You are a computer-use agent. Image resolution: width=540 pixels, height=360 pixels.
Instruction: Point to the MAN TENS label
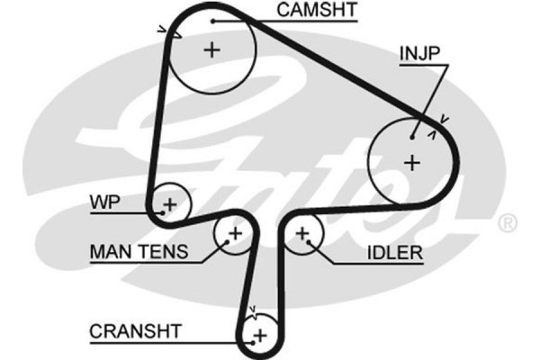(139, 252)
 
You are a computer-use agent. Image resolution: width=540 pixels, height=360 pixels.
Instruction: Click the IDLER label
(393, 253)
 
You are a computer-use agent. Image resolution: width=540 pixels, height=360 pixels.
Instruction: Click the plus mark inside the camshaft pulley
(211, 49)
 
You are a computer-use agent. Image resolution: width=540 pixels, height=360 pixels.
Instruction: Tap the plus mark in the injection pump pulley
(411, 163)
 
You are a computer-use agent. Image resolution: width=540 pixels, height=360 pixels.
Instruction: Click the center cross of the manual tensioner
(235, 235)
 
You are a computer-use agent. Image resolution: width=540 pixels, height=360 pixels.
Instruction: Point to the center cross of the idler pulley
(303, 235)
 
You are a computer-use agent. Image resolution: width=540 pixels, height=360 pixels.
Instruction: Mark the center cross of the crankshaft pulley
(260, 336)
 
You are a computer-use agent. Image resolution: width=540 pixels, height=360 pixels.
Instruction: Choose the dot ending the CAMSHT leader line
(213, 20)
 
